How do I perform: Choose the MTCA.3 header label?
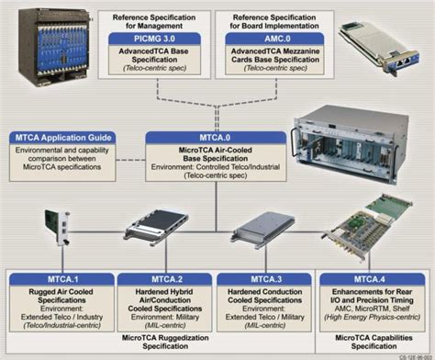pyautogui.click(x=261, y=276)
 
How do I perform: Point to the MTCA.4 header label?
pyautogui.click(x=370, y=276)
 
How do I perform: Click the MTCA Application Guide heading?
pyautogui.click(x=62, y=139)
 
